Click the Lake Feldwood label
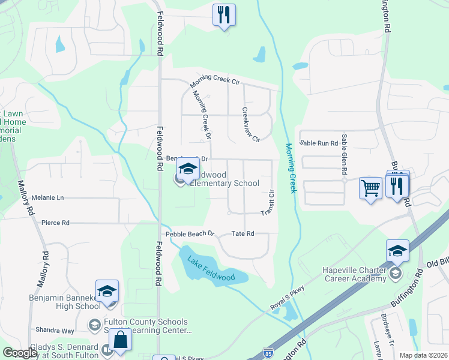click(210, 268)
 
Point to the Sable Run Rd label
click(319, 143)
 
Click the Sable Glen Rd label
click(344, 155)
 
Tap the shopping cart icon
click(370, 188)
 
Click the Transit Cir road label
click(268, 203)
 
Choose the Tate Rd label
click(243, 233)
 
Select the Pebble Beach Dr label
click(190, 233)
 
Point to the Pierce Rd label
click(55, 223)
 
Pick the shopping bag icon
click(121, 340)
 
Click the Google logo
click(20, 353)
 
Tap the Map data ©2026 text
click(423, 355)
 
